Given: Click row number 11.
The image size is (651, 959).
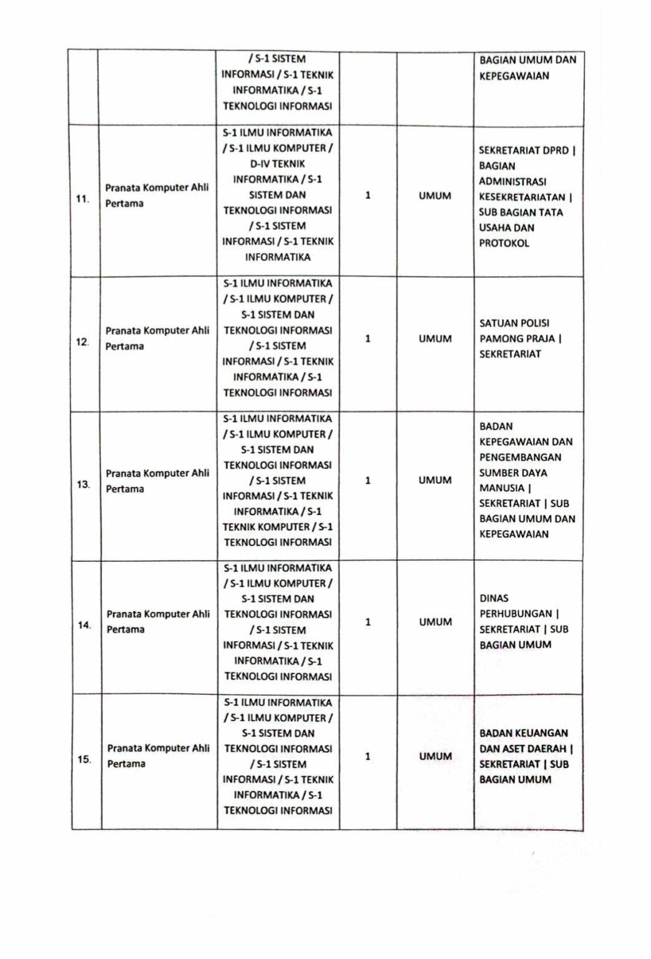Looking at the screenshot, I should [82, 199].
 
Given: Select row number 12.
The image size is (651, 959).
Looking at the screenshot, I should [82, 342].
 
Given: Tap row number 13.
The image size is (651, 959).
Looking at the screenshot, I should [83, 484].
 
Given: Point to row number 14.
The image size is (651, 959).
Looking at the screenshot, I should [84, 625].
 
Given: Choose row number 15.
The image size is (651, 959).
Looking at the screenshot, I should [84, 759].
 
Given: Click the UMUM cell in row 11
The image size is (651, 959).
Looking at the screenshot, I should [435, 196].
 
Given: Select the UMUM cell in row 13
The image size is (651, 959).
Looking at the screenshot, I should [435, 480].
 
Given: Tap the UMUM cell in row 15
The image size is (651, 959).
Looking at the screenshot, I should [435, 756].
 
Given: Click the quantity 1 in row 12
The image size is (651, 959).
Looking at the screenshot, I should [368, 338].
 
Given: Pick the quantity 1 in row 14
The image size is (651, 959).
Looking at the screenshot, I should [368, 622].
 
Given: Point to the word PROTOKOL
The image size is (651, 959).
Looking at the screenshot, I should [504, 243].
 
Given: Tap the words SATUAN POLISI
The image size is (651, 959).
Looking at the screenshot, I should [514, 323].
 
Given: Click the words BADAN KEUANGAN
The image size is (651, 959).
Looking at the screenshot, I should [524, 733].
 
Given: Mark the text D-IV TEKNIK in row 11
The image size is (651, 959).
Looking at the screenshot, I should [278, 164].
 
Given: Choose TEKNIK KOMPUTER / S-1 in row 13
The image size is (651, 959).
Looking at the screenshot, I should [278, 526].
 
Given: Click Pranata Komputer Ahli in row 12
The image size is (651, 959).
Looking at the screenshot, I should [157, 330].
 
